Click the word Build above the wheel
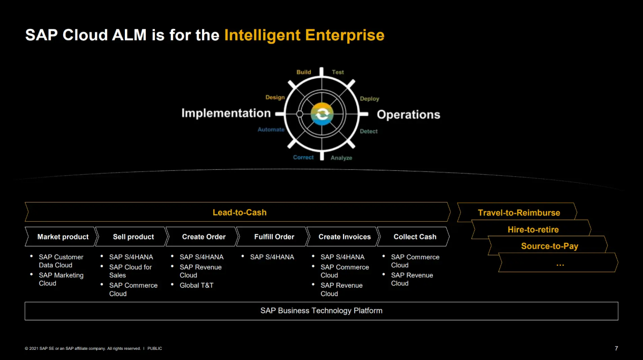303,72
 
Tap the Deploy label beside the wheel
369,99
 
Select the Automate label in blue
271,130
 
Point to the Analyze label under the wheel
341,158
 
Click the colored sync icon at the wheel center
322,114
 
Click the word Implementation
226,113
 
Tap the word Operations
408,115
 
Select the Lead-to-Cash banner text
240,213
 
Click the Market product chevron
62,237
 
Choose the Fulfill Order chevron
273,237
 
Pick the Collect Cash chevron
413,237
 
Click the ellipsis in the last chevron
560,265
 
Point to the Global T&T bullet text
196,286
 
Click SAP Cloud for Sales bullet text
130,271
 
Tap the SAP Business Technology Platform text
321,311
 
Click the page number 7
616,348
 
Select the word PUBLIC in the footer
155,348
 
